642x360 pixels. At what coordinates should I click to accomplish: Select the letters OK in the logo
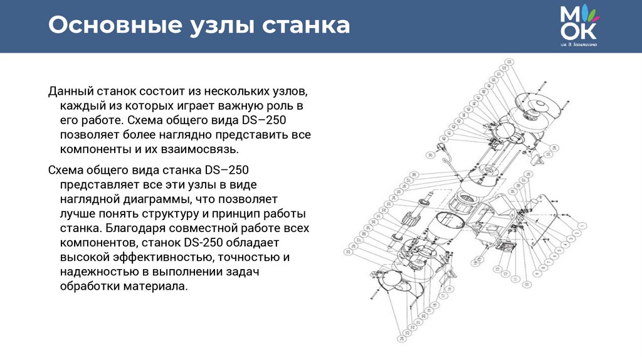click(581, 30)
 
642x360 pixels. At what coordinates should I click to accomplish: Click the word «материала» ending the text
click(157, 286)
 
